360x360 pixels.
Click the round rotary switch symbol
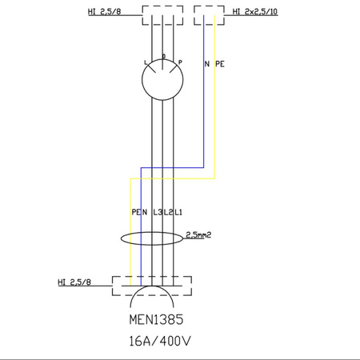point(163,81)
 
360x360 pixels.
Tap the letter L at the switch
point(146,62)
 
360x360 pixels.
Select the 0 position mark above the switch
point(164,57)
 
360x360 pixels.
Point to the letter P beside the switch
point(180,62)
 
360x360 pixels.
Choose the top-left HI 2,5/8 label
point(105,12)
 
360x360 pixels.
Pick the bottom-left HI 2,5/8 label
point(74,282)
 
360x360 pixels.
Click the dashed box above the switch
point(163,14)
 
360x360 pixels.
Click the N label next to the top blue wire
point(207,62)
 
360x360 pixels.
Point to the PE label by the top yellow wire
point(220,62)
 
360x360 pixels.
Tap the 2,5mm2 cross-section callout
point(198,235)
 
